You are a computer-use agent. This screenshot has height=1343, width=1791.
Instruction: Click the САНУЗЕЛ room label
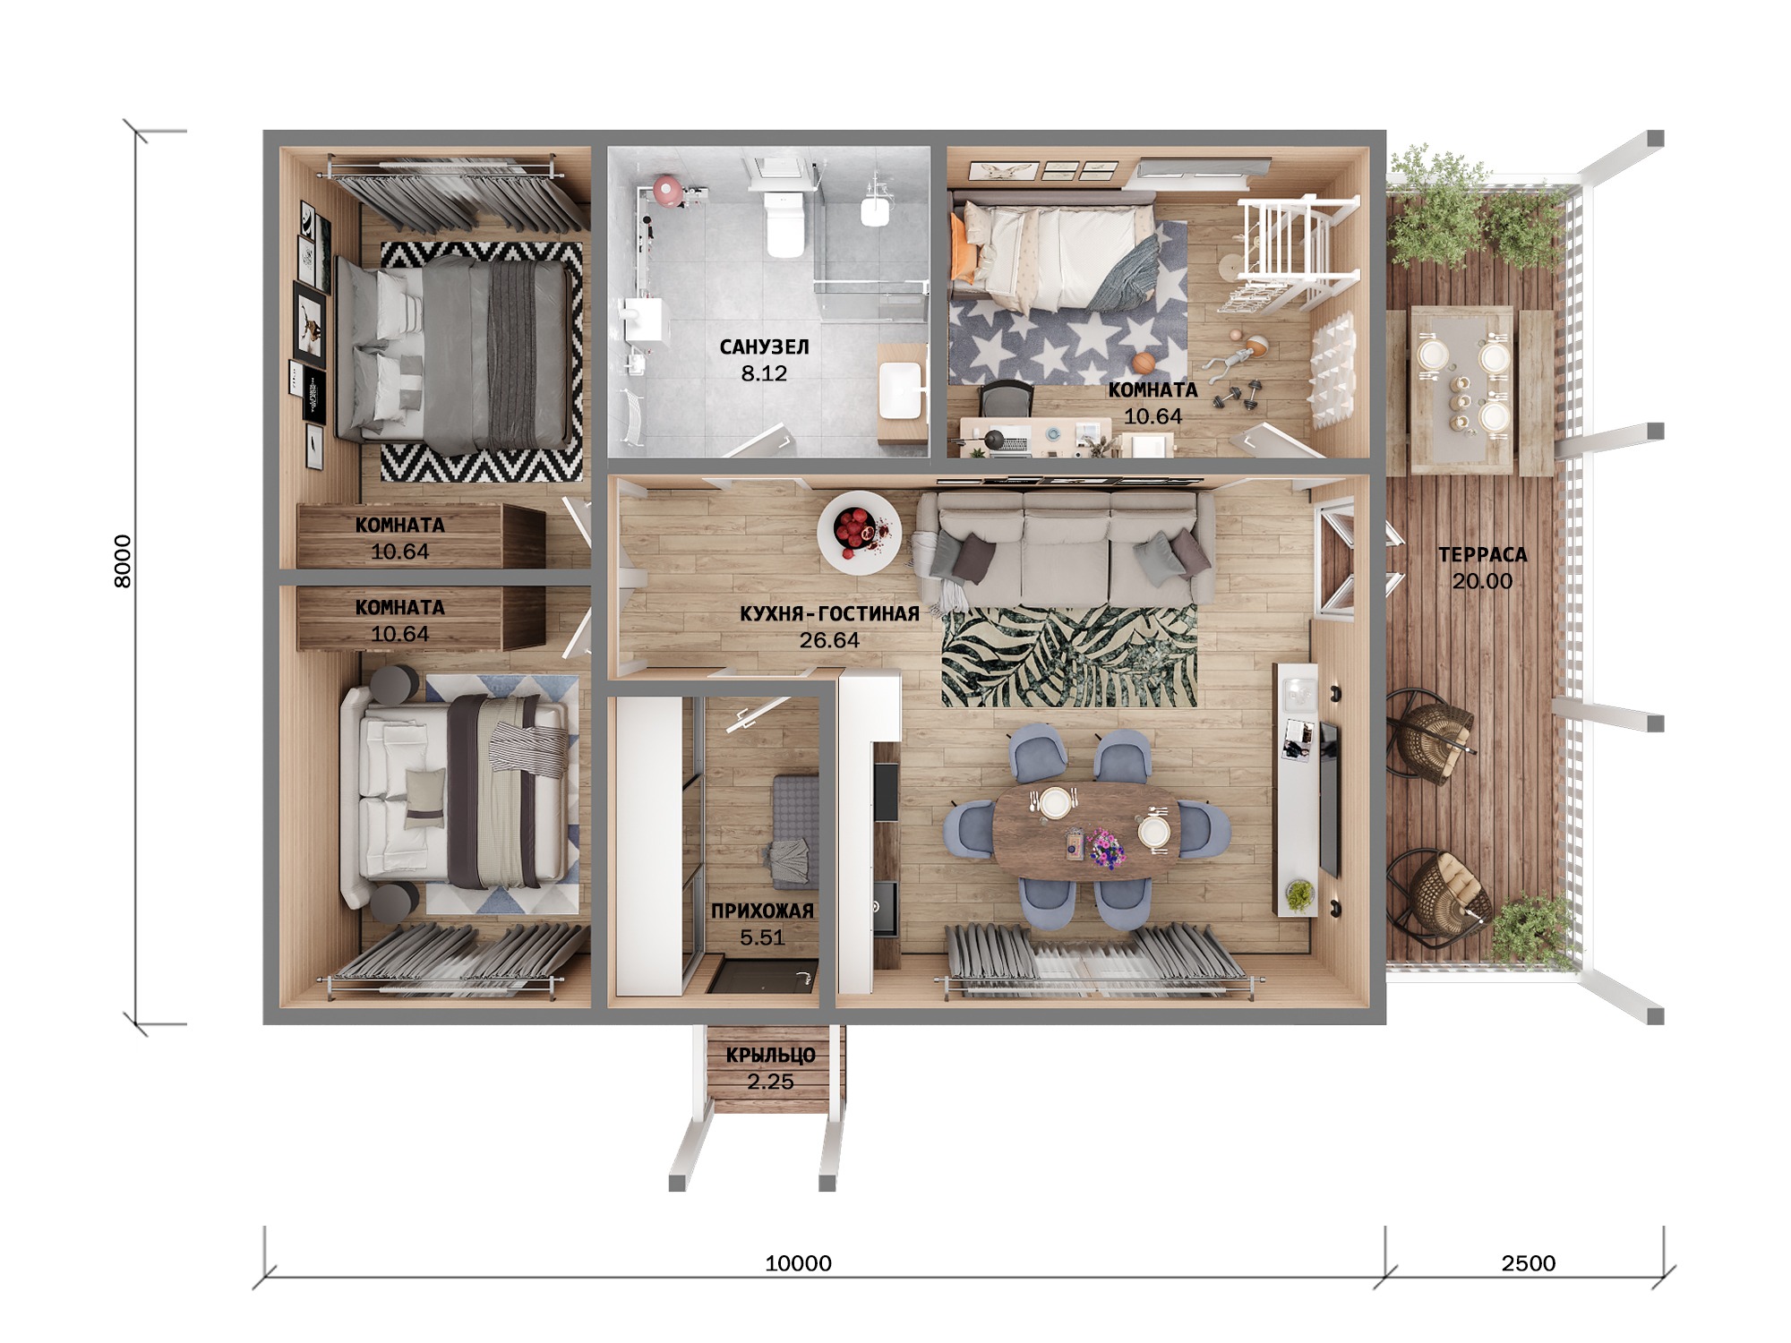[x=764, y=347]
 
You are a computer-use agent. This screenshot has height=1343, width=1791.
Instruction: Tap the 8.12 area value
[x=764, y=373]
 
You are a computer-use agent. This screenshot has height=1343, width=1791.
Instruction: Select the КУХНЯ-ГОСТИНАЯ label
[x=829, y=614]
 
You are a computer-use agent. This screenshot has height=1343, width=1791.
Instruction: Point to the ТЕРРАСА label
[x=1482, y=555]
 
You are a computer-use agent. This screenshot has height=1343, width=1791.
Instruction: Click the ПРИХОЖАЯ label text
[x=762, y=911]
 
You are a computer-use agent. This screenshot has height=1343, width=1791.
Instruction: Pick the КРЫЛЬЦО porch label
[x=770, y=1056]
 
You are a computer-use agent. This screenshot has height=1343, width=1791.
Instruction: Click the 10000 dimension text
[x=798, y=1263]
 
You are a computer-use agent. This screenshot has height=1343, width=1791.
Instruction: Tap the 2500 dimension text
[x=1528, y=1263]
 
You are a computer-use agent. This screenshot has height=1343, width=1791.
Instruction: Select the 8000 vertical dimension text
[x=123, y=561]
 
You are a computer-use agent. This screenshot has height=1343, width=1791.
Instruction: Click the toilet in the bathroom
[x=785, y=219]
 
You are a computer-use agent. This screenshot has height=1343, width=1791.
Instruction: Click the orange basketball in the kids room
[x=1143, y=363]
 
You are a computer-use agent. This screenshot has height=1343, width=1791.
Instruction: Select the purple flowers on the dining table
[x=1107, y=848]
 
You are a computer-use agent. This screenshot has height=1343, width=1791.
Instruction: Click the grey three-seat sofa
[x=1063, y=551]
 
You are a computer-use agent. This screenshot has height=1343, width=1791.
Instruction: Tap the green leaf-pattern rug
[x=1069, y=656]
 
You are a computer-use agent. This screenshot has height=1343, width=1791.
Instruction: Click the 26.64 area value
[x=829, y=640]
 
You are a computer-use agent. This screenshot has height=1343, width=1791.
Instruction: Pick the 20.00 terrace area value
[x=1482, y=581]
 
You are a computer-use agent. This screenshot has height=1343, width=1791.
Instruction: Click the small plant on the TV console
[x=1299, y=894]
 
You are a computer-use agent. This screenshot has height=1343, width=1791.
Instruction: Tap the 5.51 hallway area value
[x=762, y=937]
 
